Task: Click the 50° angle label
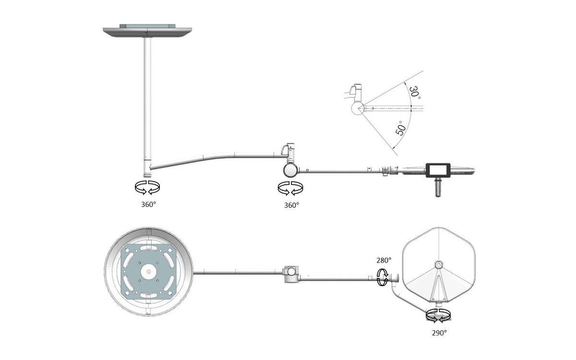(401, 128)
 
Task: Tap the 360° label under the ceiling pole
(148, 204)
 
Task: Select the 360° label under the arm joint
(291, 205)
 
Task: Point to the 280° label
(384, 261)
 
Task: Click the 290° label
(439, 333)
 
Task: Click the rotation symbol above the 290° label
(438, 316)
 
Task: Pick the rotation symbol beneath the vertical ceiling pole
(147, 187)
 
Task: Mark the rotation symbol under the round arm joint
(290, 188)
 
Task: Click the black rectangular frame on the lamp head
(438, 164)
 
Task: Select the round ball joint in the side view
(290, 170)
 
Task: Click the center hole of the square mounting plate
(148, 271)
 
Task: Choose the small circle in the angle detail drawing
(358, 108)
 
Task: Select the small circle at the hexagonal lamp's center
(438, 264)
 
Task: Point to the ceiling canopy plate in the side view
(147, 31)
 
